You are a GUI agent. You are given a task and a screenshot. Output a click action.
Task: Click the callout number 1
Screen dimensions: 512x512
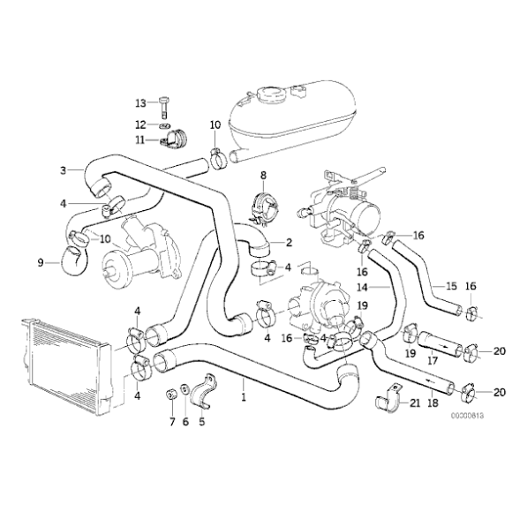pyautogui.click(x=244, y=398)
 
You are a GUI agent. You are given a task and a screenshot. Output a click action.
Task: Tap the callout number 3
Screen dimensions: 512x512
pyautogui.click(x=63, y=170)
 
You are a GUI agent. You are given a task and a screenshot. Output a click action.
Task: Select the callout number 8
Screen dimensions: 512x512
pyautogui.click(x=261, y=177)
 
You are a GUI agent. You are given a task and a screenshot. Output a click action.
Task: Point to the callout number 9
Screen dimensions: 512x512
pyautogui.click(x=41, y=261)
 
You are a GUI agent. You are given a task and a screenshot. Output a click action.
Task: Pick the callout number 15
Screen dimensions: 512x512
pyautogui.click(x=451, y=286)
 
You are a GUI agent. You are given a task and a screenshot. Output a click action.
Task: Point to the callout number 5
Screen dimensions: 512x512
pyautogui.click(x=201, y=422)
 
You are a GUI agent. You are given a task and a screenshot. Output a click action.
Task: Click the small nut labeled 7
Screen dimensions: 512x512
pyautogui.click(x=169, y=392)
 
